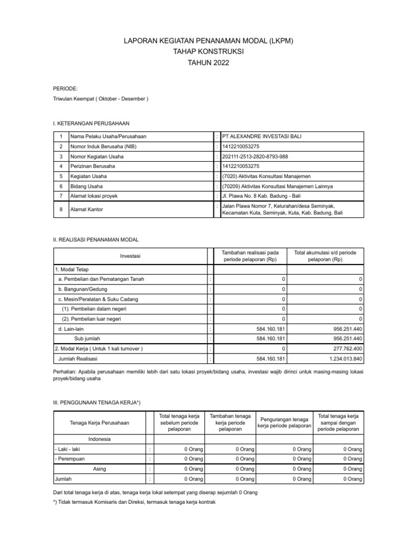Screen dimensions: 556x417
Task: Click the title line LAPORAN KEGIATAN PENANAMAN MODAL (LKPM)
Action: [208, 41]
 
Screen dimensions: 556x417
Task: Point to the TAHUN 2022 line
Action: [208, 63]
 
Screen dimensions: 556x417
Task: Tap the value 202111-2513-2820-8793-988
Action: [255, 156]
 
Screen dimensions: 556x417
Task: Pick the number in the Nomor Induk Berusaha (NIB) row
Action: [241, 147]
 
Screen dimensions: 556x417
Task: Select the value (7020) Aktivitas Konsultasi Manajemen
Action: [266, 176]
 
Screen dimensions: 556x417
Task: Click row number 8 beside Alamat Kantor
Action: [61, 209]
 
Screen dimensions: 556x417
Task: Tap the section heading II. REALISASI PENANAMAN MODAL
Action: [96, 239]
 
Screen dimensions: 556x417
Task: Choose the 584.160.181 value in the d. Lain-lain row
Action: [270, 329]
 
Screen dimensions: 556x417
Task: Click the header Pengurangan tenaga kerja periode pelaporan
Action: [285, 422]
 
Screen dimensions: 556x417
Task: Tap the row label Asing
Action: [99, 469]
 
